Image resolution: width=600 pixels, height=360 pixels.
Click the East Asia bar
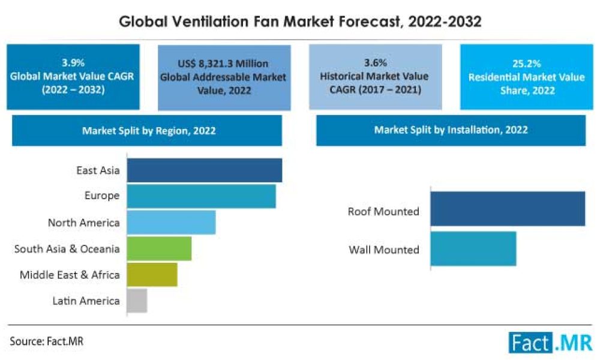[205, 170]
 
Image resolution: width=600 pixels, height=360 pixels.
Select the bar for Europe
[202, 196]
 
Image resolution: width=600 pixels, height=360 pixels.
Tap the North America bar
[171, 223]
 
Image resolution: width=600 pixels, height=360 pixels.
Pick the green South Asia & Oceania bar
[159, 248]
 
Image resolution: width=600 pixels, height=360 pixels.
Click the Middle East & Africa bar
[152, 274]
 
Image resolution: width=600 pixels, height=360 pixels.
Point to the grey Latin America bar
[137, 301]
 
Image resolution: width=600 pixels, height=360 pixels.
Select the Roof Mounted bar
[508, 209]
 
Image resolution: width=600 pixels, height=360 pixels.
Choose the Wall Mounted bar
[473, 249]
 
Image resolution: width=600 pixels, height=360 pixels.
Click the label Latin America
[85, 301]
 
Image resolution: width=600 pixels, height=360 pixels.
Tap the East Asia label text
[98, 170]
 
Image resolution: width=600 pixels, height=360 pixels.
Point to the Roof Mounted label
[383, 212]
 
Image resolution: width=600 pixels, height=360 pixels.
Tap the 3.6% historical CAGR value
[374, 62]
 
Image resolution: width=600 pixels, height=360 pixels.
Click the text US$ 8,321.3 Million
[223, 64]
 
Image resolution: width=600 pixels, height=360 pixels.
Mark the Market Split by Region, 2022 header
[147, 130]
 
